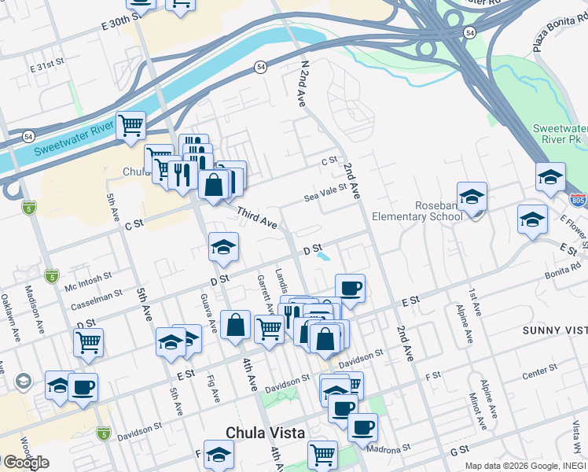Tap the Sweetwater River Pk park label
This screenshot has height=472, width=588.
(560, 135)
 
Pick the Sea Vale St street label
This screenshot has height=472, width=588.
(325, 193)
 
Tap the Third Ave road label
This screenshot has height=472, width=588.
(257, 219)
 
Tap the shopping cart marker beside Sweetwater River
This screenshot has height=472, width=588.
(130, 126)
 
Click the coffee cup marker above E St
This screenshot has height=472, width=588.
(350, 288)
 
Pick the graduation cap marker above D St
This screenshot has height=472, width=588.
(223, 248)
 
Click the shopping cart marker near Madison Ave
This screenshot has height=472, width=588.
(88, 342)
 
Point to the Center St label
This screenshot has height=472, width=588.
(539, 371)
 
